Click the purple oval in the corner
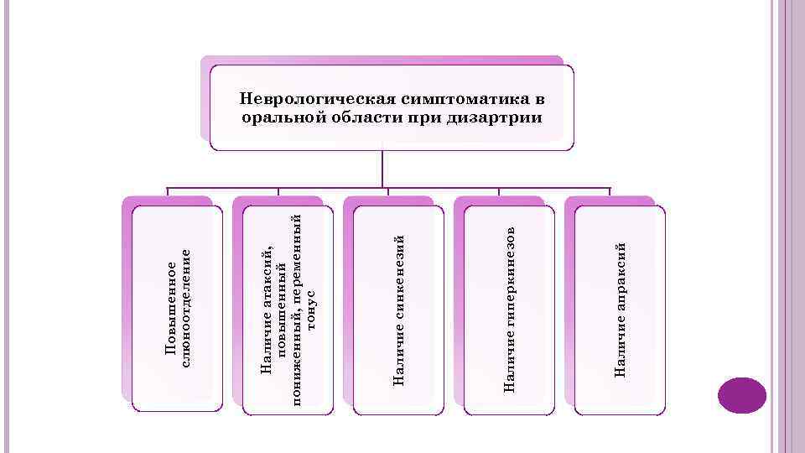(x=743, y=395)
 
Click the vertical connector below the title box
(x=383, y=168)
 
